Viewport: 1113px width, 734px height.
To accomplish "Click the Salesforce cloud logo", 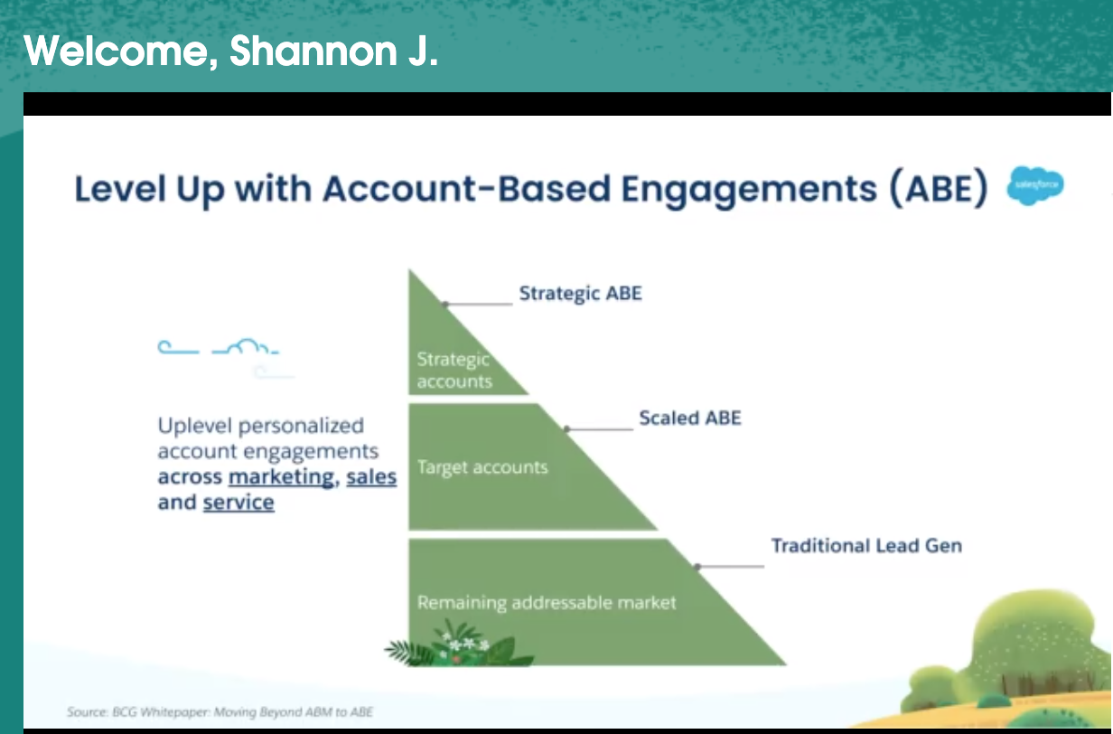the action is (x=1035, y=185).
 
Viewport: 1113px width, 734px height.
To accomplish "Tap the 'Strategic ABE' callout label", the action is (x=580, y=294).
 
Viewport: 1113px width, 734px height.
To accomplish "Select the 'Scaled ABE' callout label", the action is (x=690, y=419).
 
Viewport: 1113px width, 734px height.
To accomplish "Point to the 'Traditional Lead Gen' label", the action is (x=866, y=545).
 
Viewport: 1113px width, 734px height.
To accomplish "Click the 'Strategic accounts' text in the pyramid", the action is (x=454, y=370).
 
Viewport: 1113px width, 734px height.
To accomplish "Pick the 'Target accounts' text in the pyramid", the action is (x=482, y=467).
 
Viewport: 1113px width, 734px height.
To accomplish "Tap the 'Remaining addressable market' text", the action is (x=547, y=603).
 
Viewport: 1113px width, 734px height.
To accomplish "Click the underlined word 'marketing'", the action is (x=282, y=477).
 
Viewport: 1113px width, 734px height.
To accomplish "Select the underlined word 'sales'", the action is (x=371, y=476).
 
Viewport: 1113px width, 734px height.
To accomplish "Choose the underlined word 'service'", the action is (x=238, y=503).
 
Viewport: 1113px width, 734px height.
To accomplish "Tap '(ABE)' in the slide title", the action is (x=939, y=189).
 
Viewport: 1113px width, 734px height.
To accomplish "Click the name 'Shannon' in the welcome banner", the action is (x=313, y=51).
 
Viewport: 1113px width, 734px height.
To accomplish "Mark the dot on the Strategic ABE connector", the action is (x=445, y=304).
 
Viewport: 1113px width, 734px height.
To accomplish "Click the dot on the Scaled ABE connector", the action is (x=567, y=428).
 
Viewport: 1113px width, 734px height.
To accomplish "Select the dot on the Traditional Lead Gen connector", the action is (x=697, y=567).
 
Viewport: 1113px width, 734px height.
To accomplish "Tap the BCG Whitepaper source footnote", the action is (x=220, y=712).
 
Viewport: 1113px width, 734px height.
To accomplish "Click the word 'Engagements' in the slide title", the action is (x=749, y=190).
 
